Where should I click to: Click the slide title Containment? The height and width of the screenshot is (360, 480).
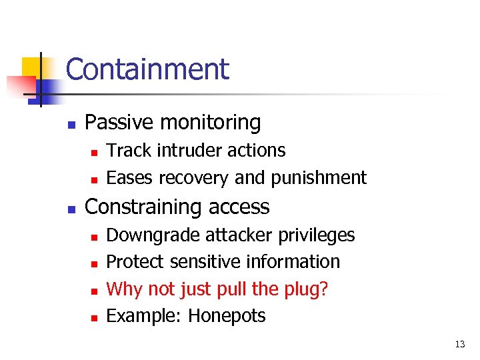point(147,69)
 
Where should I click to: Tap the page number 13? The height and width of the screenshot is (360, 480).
point(460,345)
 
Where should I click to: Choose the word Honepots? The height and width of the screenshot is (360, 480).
point(227,316)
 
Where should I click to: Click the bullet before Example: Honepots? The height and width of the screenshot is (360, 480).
point(95,317)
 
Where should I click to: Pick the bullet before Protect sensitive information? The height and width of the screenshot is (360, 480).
point(95,263)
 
